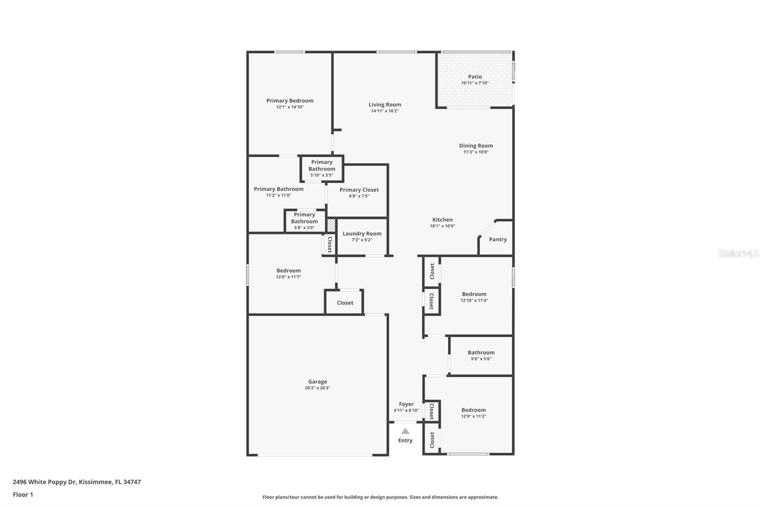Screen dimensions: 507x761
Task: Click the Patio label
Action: coord(475,77)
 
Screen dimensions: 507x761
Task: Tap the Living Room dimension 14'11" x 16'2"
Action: coord(385,111)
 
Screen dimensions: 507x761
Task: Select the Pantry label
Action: coord(498,239)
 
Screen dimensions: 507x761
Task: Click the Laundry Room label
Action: coord(362,234)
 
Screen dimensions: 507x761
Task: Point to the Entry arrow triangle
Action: coord(405,431)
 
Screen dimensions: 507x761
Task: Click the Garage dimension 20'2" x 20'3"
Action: coord(317,388)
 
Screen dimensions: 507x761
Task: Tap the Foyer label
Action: coord(406,404)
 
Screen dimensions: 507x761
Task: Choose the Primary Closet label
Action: coord(359,190)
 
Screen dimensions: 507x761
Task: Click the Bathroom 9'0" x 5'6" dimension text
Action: coord(481,359)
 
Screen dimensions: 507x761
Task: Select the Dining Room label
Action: coord(476,146)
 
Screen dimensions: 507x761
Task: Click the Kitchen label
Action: coord(442,220)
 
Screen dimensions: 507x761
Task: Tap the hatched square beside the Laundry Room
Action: coord(331,225)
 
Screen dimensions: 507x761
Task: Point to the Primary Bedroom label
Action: coord(290,101)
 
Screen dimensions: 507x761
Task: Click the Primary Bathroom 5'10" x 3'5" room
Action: coord(322,168)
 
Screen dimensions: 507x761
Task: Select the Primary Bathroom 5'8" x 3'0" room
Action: coord(304,221)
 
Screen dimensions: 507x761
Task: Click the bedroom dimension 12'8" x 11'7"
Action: coord(288,277)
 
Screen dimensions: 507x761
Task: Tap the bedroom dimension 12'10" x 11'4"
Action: coord(474,301)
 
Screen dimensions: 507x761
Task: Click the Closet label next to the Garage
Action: coord(345,303)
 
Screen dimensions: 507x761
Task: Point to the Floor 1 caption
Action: coord(23,495)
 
